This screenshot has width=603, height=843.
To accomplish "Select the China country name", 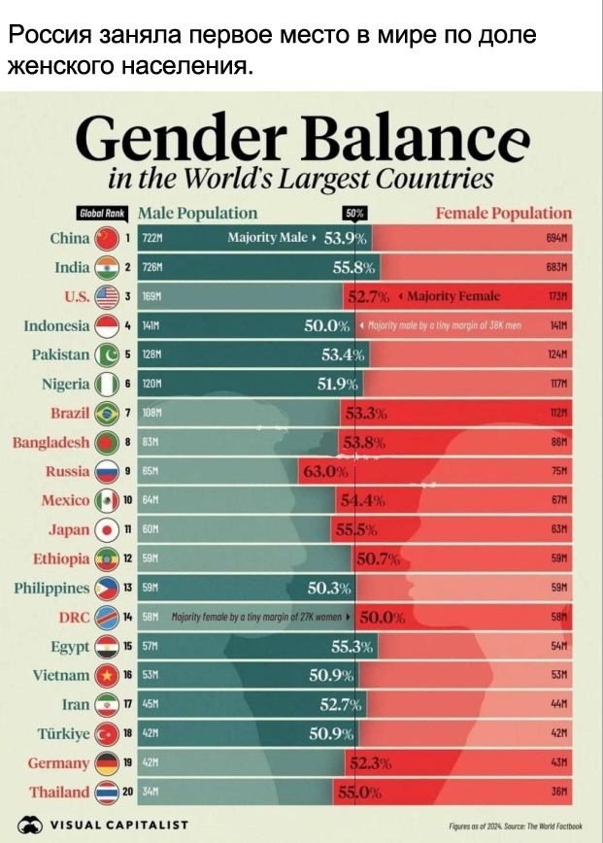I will (70, 238).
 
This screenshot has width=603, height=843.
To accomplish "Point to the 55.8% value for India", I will (353, 268).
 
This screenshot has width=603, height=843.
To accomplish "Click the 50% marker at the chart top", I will (355, 214).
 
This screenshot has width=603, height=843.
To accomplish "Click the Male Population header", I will (197, 213).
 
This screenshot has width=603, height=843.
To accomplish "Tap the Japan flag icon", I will (107, 530).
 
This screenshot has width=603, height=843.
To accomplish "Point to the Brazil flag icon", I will (107, 415).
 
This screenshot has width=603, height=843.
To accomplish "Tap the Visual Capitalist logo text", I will (120, 825).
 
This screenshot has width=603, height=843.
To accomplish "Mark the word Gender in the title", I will (162, 143).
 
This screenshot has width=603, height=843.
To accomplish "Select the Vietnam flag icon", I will (107, 676).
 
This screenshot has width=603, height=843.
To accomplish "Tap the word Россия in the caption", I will (50, 37).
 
